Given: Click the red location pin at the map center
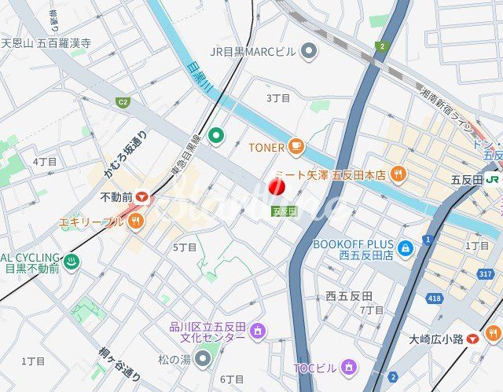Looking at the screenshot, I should (276, 188).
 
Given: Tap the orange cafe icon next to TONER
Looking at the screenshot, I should (296, 146).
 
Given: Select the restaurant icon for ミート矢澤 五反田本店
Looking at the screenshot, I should (398, 174).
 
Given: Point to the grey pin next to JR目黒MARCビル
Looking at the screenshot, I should (310, 52).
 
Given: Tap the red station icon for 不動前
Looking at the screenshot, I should (141, 197).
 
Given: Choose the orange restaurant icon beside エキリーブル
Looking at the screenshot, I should (136, 222).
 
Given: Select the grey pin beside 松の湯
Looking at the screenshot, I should (203, 359).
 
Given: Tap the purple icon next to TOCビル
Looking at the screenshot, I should (348, 367).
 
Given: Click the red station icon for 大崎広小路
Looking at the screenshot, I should (472, 339).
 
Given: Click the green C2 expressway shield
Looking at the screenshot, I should (123, 102).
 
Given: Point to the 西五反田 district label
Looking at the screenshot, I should (349, 296).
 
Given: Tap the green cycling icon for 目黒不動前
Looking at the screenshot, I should (72, 262).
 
